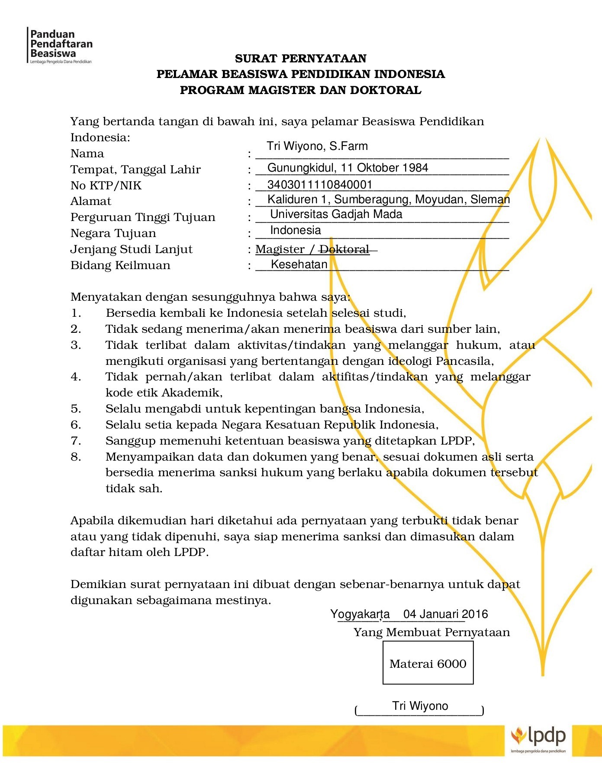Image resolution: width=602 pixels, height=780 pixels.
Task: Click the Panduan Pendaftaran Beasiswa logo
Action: pyautogui.click(x=61, y=45)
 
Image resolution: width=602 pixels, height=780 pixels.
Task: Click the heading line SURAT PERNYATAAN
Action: pyautogui.click(x=301, y=58)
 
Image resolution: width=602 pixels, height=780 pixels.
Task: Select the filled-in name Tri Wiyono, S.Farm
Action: pyautogui.click(x=317, y=146)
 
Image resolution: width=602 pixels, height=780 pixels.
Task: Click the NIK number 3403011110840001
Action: pyautogui.click(x=320, y=185)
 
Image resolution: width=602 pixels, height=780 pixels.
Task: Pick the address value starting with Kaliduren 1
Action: pyautogui.click(x=388, y=200)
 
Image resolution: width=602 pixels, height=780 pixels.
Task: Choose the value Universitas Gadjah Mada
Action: pyautogui.click(x=336, y=214)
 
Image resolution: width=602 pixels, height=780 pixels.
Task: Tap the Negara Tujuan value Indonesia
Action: pyautogui.click(x=296, y=231)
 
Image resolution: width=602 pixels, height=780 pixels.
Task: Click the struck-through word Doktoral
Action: pyautogui.click(x=344, y=250)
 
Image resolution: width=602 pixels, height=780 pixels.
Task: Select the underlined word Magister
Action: pyautogui.click(x=280, y=250)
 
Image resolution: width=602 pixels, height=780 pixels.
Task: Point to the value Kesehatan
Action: pyautogui.click(x=299, y=265)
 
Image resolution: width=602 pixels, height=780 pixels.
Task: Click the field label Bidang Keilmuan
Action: pyautogui.click(x=120, y=266)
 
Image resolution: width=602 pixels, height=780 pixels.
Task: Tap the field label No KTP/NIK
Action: pyautogui.click(x=106, y=186)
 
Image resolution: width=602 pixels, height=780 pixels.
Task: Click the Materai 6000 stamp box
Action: pyautogui.click(x=428, y=663)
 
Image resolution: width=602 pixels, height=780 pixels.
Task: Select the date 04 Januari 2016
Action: pyautogui.click(x=445, y=614)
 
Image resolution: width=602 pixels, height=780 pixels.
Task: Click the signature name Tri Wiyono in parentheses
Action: pyautogui.click(x=420, y=706)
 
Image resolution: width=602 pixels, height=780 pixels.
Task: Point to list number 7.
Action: pyautogui.click(x=76, y=441)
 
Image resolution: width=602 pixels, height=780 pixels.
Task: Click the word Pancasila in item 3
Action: pyautogui.click(x=464, y=361)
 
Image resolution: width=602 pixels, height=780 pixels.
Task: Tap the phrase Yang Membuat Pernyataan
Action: pyautogui.click(x=431, y=633)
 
